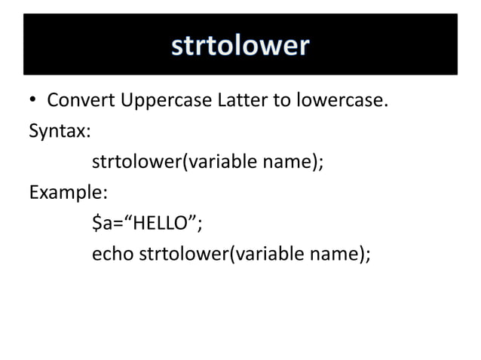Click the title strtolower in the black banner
(240, 45)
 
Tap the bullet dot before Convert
(33, 101)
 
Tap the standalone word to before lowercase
(282, 101)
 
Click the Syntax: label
(60, 130)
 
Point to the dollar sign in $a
(96, 223)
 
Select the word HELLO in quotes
(160, 223)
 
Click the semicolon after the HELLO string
(201, 224)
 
